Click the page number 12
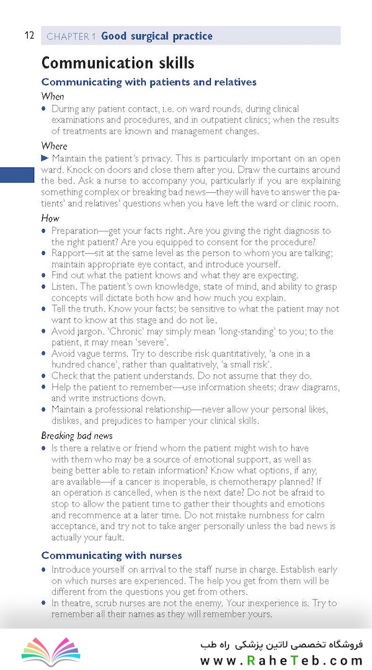tap(29, 35)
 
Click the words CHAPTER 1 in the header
tap(71, 37)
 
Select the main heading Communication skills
tap(117, 63)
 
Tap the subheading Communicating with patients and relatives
tap(149, 82)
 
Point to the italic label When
tap(53, 96)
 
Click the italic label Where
tap(54, 146)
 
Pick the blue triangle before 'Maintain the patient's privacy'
tap(45, 158)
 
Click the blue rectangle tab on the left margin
tap(17, 175)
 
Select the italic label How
tap(50, 218)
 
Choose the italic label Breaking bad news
tap(77, 435)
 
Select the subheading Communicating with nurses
tap(112, 555)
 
